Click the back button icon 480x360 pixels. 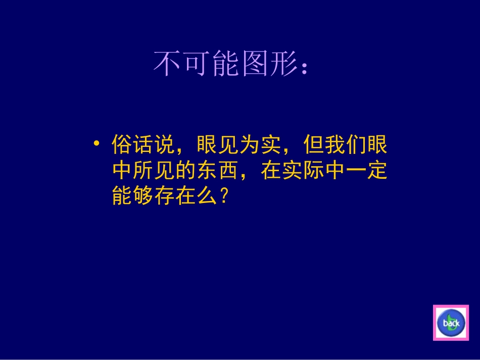[451, 323]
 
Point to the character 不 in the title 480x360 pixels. [167, 64]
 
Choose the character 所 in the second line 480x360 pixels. [142, 171]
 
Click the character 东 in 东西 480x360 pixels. [206, 171]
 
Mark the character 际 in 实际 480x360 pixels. [313, 171]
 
